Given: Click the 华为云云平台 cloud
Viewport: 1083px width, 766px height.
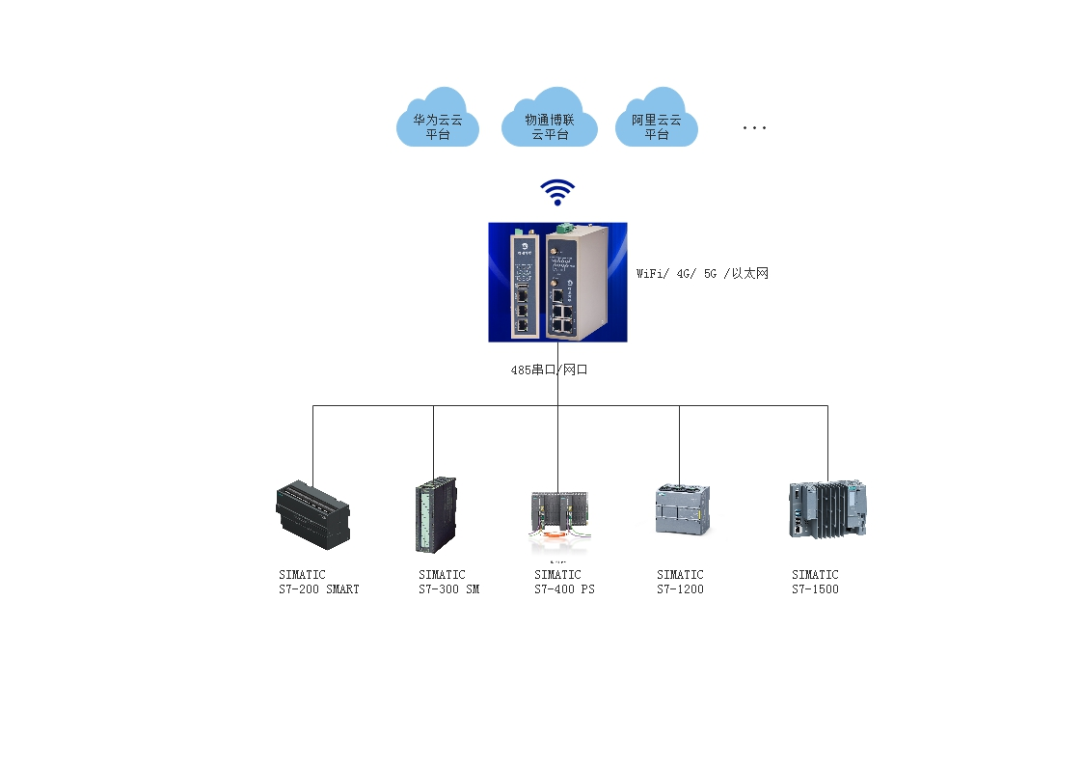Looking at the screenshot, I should tap(438, 120).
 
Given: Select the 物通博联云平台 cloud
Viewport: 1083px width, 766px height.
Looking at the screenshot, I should tap(550, 120).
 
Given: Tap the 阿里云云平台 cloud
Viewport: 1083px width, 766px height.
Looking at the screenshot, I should tap(657, 120).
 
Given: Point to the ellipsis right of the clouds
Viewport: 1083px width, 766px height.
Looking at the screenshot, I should tap(754, 127).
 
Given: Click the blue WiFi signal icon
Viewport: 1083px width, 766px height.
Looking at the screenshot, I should tap(557, 192).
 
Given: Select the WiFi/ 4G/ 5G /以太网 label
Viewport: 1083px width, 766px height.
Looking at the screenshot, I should tap(702, 274).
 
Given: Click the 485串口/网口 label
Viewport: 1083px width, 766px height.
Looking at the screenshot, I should tap(549, 369).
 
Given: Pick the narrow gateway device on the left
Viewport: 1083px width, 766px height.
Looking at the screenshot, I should tap(522, 286).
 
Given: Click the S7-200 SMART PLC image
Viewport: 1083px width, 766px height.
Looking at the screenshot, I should tap(312, 513).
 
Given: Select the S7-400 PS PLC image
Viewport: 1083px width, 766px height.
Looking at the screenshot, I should tap(558, 519).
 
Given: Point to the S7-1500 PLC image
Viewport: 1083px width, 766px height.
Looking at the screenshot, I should tap(826, 509).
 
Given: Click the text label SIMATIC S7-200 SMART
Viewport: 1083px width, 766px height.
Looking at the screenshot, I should tap(318, 582).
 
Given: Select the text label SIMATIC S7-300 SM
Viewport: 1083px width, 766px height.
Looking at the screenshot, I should tap(448, 582).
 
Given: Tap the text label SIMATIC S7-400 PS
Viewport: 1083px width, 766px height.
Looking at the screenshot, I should tap(564, 582).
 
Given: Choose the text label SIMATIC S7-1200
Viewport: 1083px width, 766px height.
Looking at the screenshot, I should tap(680, 582).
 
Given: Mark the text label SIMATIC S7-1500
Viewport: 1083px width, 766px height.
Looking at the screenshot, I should tap(815, 582).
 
